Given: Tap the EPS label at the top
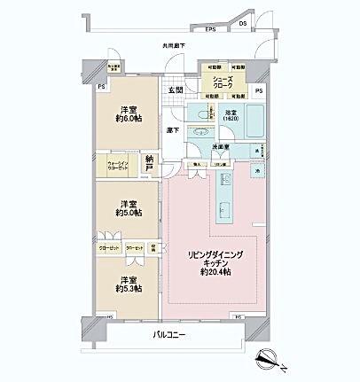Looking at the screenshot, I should click(x=211, y=30).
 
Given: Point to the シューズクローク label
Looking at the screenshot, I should click(x=223, y=82).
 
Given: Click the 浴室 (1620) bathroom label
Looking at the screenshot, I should click(x=233, y=116).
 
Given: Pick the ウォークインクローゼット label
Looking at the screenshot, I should click(x=121, y=166).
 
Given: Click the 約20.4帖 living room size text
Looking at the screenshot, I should click(x=214, y=272).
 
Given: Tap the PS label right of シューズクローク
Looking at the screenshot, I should click(x=259, y=90).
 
